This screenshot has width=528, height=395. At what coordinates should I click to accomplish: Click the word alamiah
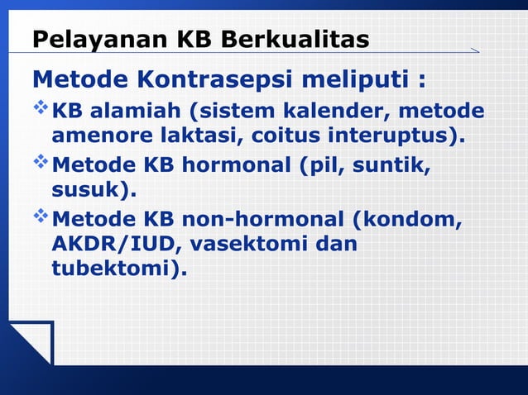point(132,111)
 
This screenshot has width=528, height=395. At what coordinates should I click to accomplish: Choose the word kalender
point(332,111)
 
